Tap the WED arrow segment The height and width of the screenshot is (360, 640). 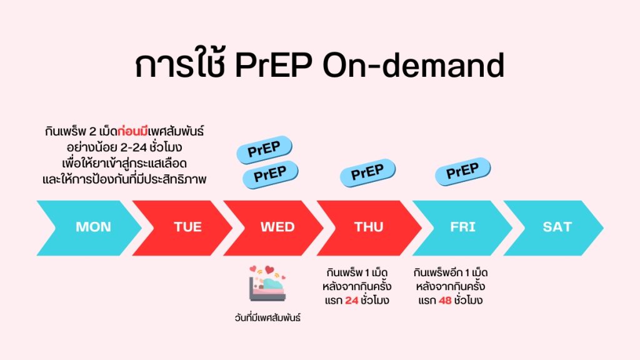(x=277, y=227)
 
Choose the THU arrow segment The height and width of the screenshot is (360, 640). (x=369, y=227)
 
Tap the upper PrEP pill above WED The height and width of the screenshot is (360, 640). (x=264, y=150)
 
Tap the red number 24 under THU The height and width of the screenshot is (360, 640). (x=352, y=300)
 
